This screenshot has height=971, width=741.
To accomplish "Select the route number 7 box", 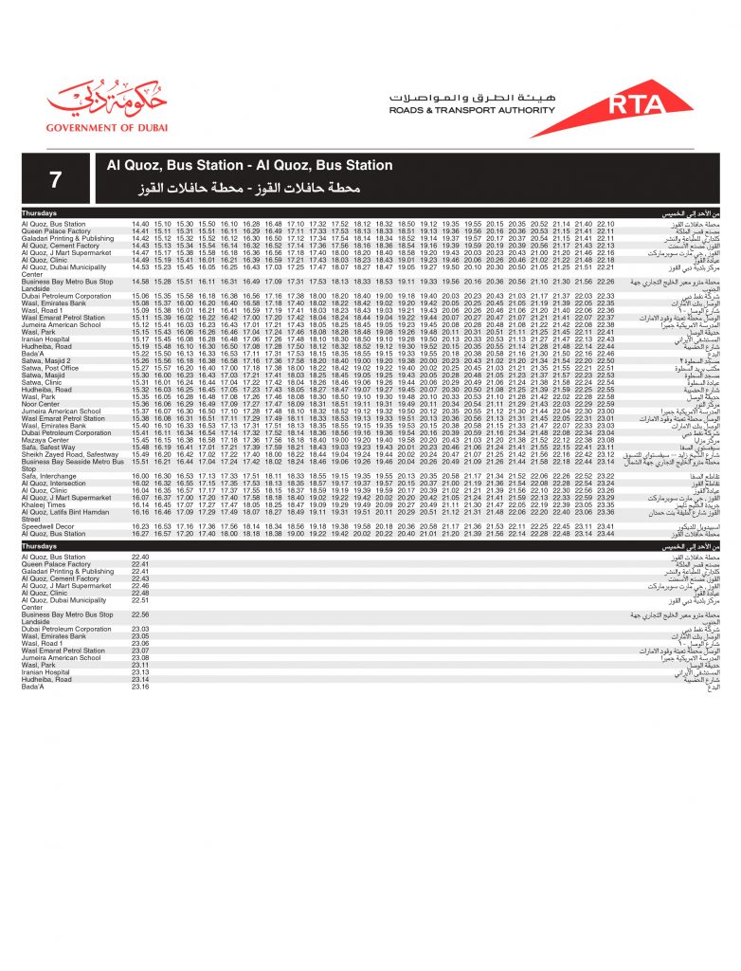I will [x=57, y=178].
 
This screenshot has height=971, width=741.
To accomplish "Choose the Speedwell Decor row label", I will [x=47, y=526].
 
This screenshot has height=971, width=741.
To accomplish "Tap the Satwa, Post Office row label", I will [x=51, y=368].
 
